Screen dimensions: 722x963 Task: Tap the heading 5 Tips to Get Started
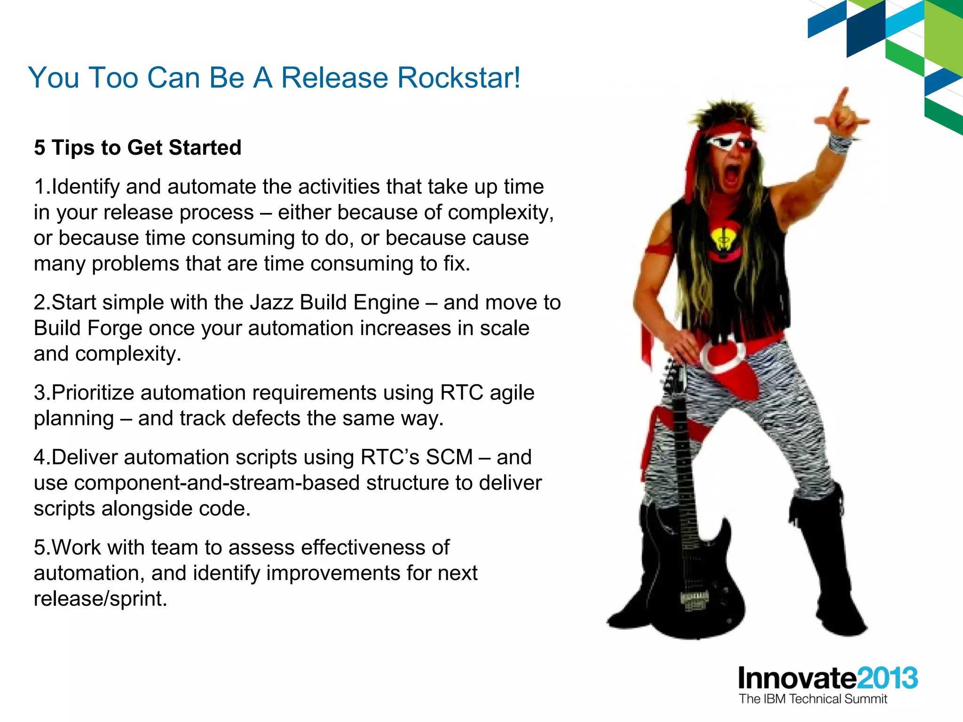(x=137, y=148)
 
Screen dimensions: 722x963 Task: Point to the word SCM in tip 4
(x=449, y=457)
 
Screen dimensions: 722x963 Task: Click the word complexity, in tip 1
(x=500, y=212)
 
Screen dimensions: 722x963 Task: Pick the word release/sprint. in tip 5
(x=100, y=599)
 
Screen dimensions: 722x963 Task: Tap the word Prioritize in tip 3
(x=93, y=393)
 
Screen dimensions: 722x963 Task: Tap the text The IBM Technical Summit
(x=813, y=699)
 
